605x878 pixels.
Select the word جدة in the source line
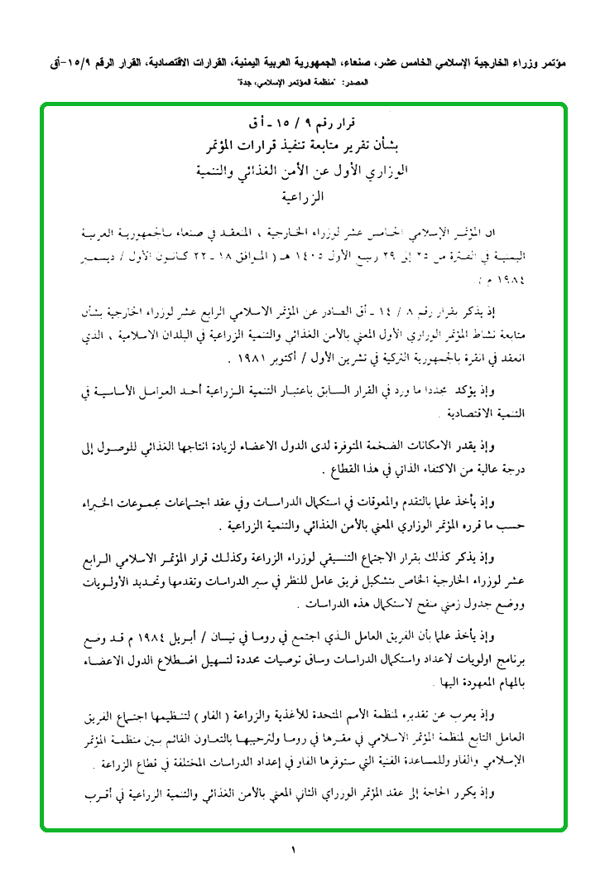click(234, 84)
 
